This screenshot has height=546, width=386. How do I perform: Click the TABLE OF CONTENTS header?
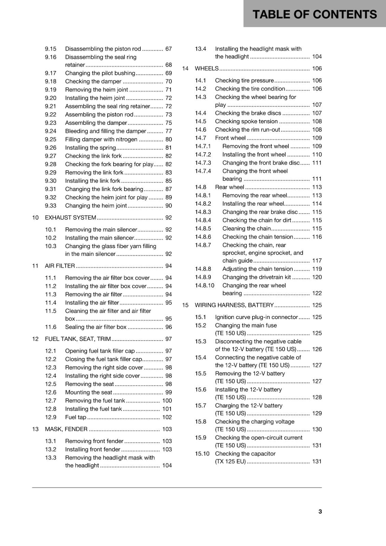click(x=315, y=14)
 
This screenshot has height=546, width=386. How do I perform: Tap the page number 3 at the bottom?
click(x=320, y=511)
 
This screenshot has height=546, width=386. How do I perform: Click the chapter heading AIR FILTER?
click(x=60, y=266)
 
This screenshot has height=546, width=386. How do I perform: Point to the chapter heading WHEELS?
click(x=206, y=69)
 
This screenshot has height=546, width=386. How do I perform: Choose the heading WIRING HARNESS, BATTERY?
click(x=234, y=305)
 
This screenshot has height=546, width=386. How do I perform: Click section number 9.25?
click(x=51, y=139)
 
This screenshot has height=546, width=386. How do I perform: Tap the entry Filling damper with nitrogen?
click(x=101, y=139)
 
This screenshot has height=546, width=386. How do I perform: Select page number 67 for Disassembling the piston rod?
click(x=168, y=49)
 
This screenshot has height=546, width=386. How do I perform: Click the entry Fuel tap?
click(x=75, y=417)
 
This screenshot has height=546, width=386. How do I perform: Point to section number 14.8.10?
click(x=205, y=285)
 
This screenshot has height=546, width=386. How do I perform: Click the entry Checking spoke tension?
click(x=246, y=121)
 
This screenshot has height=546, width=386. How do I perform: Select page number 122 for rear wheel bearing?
click(x=317, y=293)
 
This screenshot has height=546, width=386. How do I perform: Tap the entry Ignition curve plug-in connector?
click(x=256, y=317)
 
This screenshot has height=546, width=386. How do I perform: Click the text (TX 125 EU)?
click(x=230, y=461)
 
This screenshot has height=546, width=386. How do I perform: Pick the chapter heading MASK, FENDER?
click(x=66, y=429)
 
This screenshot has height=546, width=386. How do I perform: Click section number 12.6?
click(x=51, y=392)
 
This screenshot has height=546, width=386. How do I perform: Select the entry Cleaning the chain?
click(x=246, y=229)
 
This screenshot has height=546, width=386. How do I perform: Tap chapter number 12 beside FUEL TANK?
click(x=35, y=339)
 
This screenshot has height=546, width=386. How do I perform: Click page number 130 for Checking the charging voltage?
click(x=317, y=429)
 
